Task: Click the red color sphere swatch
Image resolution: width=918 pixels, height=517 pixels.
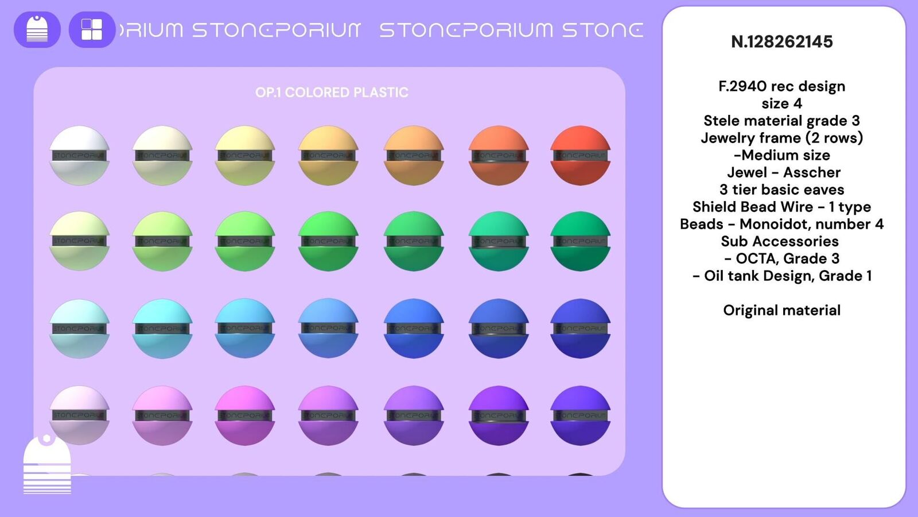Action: [580, 155]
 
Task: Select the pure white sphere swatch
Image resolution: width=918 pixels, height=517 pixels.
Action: [79, 155]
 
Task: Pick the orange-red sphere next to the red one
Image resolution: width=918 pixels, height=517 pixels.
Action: [498, 155]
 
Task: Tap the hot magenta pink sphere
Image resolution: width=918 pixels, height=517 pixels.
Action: [245, 415]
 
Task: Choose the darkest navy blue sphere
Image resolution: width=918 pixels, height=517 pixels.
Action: [580, 328]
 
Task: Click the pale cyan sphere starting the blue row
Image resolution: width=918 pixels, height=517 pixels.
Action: [79, 328]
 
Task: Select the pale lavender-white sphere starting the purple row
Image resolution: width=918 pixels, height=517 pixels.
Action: [79, 415]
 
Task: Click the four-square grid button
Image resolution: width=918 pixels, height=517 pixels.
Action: [92, 29]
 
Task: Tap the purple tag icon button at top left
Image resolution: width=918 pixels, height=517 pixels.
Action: [37, 29]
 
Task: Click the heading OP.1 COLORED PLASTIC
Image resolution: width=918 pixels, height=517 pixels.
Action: [332, 92]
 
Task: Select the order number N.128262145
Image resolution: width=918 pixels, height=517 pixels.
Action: [781, 42]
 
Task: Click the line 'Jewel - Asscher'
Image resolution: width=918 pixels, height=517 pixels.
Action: [783, 172]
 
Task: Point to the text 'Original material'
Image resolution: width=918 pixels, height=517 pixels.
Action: [781, 310]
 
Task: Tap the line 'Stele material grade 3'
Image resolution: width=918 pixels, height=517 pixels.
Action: [781, 121]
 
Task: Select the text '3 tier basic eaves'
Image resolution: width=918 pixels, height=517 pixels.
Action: [781, 190]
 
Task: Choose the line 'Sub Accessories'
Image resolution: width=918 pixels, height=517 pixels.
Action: [780, 241]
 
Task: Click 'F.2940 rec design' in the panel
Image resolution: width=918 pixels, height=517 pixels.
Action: [781, 86]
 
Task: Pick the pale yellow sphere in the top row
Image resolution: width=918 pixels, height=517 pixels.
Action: [245, 155]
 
